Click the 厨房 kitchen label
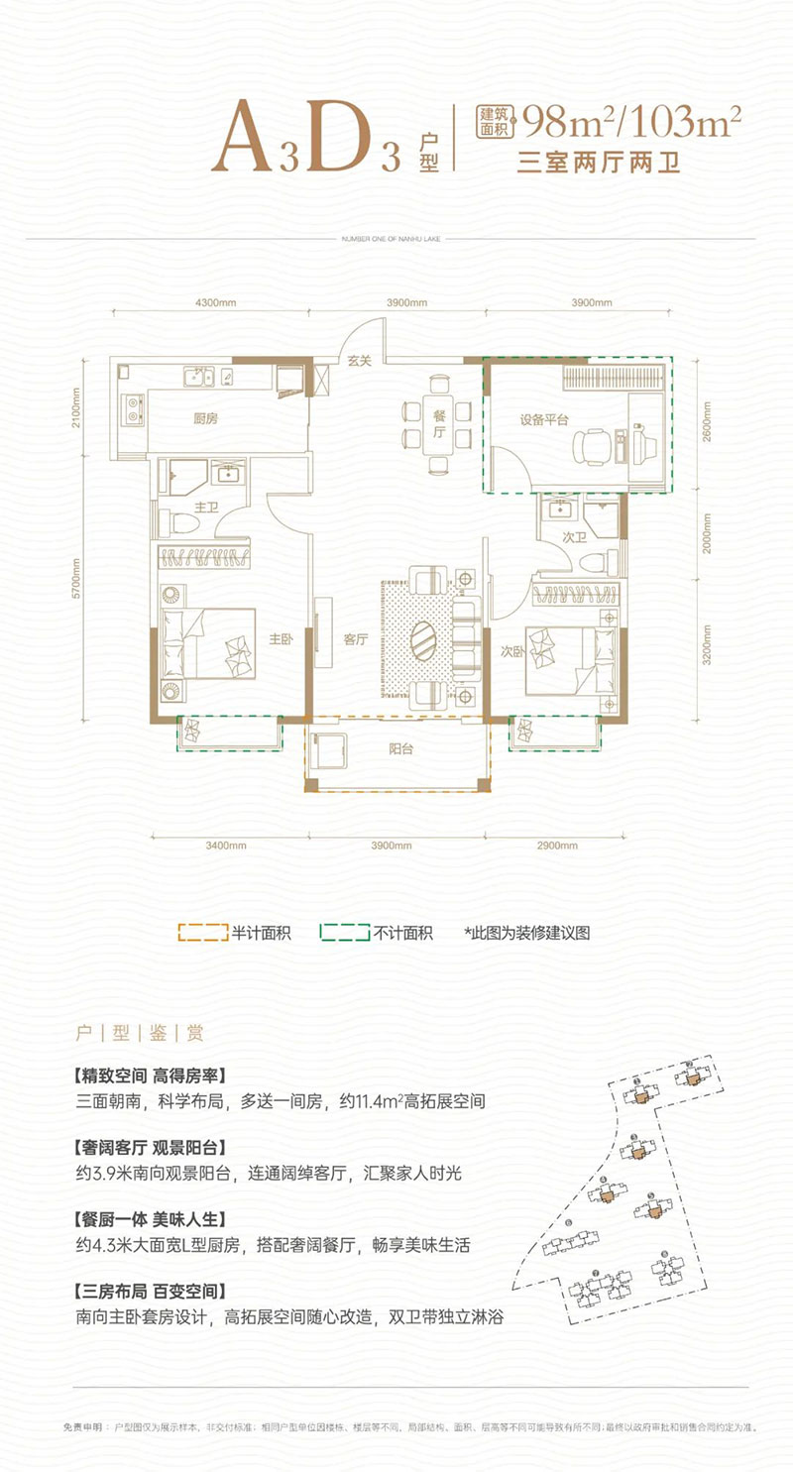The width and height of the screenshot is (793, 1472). click(205, 418)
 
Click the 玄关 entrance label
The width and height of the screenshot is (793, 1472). click(358, 361)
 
